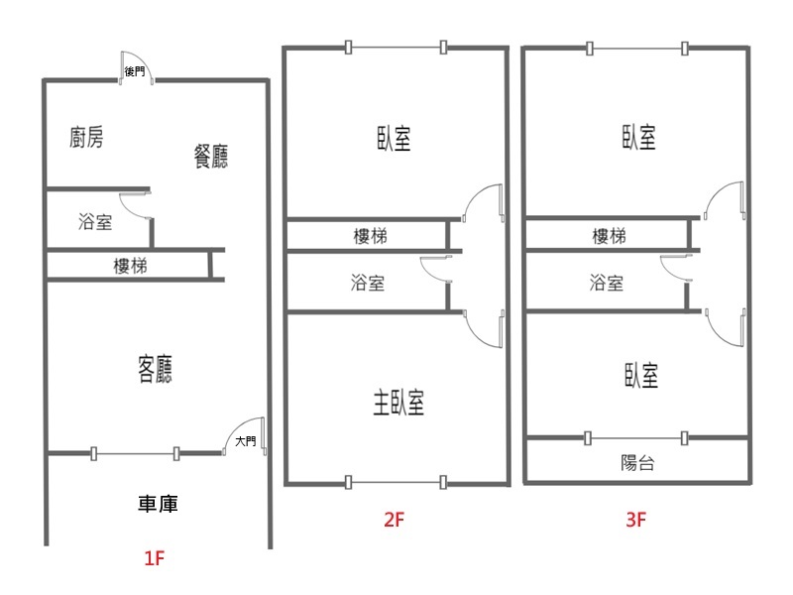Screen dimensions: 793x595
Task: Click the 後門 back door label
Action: click(x=135, y=71)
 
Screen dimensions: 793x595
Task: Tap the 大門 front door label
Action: click(x=246, y=441)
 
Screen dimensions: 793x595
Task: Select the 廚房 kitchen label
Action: click(x=86, y=137)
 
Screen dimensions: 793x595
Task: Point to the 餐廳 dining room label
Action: click(x=211, y=157)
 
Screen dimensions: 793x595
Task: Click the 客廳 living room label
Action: click(x=156, y=369)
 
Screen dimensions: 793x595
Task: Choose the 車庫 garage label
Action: click(x=158, y=504)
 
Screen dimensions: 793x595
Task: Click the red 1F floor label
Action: click(x=155, y=558)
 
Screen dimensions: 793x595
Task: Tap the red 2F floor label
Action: click(x=394, y=520)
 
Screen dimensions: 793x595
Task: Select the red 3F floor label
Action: click(x=635, y=520)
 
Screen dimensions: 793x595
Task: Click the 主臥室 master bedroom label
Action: click(x=398, y=403)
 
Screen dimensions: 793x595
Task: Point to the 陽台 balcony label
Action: click(x=637, y=462)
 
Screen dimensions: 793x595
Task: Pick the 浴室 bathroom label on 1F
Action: click(x=95, y=221)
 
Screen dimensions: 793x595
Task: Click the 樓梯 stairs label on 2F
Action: click(x=370, y=236)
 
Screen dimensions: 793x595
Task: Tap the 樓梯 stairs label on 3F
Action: click(x=609, y=236)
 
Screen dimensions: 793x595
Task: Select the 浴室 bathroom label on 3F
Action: click(x=607, y=283)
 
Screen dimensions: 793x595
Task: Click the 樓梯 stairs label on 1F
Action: click(x=130, y=266)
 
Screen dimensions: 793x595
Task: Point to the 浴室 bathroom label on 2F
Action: click(x=368, y=283)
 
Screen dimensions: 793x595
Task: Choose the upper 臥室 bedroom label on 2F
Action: click(x=394, y=138)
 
